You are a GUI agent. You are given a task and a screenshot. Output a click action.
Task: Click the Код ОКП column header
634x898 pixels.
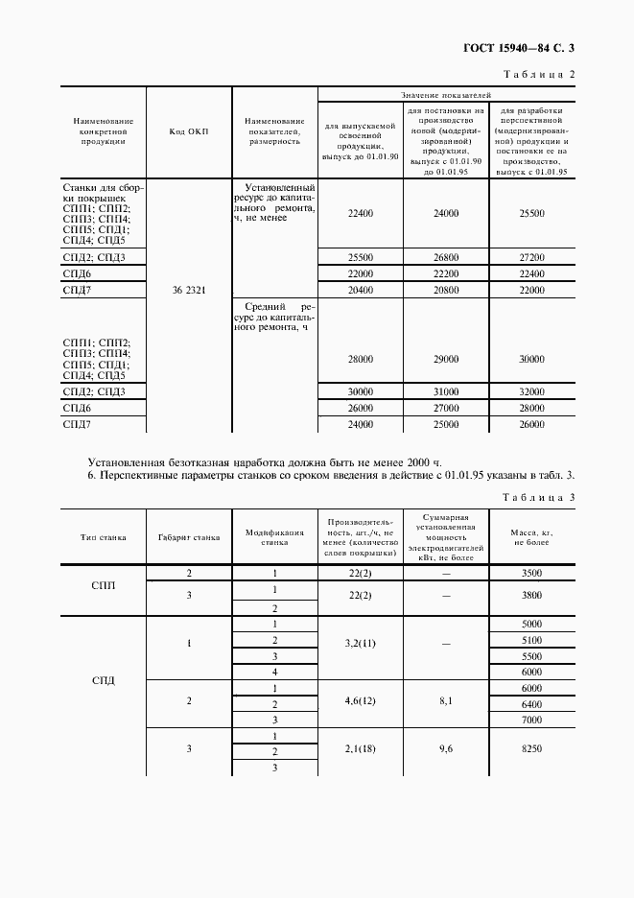(x=189, y=131)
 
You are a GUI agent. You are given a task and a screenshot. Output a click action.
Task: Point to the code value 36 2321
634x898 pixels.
(x=189, y=289)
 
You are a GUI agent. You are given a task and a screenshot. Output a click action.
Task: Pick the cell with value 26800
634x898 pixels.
(x=446, y=258)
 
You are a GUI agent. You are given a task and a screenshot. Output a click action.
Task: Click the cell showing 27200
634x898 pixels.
(x=531, y=258)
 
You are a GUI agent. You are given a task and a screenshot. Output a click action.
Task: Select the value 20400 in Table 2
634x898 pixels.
(x=360, y=289)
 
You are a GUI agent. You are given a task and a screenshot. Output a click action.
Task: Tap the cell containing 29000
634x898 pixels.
(x=446, y=358)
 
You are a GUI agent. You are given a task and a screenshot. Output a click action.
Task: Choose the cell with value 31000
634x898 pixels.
(x=446, y=392)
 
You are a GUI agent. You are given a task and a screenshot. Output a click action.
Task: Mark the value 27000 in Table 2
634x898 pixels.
(x=446, y=408)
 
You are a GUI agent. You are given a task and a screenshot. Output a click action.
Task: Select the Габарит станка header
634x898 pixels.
(x=189, y=537)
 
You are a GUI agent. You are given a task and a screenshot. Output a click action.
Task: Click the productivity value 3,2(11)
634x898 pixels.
(x=360, y=648)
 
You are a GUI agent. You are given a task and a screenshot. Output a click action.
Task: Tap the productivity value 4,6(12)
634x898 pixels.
(x=360, y=702)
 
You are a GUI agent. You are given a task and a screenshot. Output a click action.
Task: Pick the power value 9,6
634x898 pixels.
(x=446, y=750)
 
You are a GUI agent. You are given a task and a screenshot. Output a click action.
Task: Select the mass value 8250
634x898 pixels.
(x=531, y=750)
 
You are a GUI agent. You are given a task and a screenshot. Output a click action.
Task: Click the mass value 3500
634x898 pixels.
(x=531, y=574)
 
